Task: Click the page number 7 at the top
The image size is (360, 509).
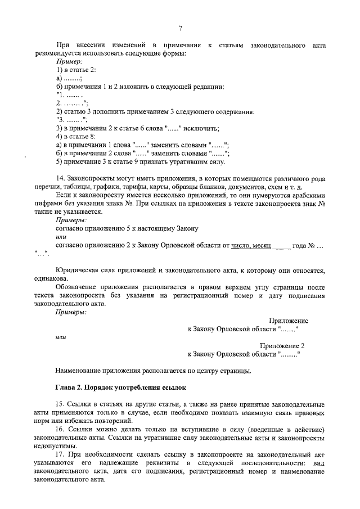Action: [180, 29]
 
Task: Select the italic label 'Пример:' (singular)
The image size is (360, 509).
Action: [70, 61]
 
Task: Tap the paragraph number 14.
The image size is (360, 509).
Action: [60, 178]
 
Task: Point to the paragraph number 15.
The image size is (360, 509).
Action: [60, 404]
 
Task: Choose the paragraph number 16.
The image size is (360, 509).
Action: [60, 429]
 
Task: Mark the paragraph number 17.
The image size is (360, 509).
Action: [60, 454]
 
